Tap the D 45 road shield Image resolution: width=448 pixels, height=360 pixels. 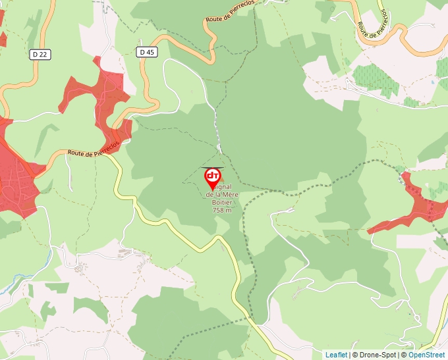[147, 51]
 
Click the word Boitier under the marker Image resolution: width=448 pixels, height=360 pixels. [222, 203]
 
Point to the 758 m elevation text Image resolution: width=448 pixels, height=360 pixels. [222, 211]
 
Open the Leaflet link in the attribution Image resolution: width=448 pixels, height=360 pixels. [336, 355]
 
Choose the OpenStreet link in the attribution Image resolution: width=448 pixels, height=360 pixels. [428, 355]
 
